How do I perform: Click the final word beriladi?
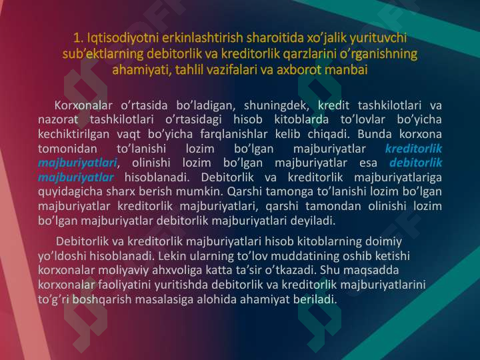point(315,299)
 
